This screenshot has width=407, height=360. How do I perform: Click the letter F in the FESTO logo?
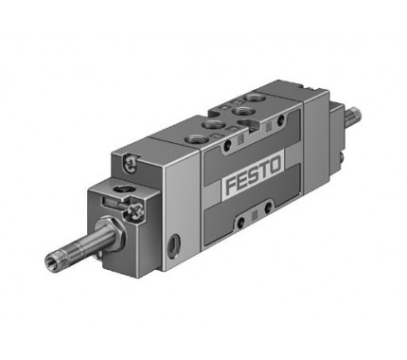231,186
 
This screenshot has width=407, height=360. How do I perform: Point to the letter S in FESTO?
254,175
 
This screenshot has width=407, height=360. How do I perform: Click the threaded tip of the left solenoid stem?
52,260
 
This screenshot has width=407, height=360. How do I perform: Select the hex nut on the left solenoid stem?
110,233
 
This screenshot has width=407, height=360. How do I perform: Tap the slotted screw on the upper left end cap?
130,164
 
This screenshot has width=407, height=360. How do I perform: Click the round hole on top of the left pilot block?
121,190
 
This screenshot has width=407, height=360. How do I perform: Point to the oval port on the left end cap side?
172,245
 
